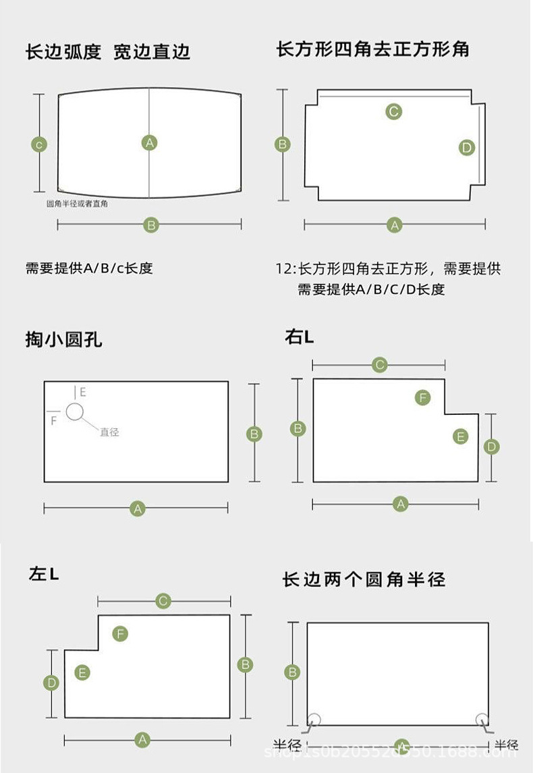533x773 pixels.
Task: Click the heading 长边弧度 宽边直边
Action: (x=108, y=52)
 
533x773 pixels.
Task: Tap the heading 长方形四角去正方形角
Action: (x=372, y=49)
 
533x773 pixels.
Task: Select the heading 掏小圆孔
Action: (x=64, y=339)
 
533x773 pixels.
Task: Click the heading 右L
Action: (x=299, y=337)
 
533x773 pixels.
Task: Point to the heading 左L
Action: (x=44, y=574)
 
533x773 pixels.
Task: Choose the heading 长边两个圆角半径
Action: (x=364, y=579)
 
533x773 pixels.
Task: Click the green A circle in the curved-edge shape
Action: (x=150, y=142)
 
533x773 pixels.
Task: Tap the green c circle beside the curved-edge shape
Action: (x=40, y=144)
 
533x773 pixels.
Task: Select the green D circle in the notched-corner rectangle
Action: (x=467, y=148)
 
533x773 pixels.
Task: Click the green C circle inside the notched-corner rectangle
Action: (x=394, y=111)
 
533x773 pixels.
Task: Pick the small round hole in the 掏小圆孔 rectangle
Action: (x=74, y=411)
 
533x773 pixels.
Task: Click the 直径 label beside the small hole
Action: (x=109, y=432)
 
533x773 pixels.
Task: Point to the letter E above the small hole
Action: (x=83, y=392)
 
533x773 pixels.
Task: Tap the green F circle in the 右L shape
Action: (x=422, y=397)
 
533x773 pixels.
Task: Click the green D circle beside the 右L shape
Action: (x=492, y=447)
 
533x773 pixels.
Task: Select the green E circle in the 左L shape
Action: (x=82, y=672)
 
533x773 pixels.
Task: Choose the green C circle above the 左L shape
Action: (x=163, y=600)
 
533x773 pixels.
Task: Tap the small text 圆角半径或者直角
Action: (x=77, y=204)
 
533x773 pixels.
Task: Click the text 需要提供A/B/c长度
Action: (x=89, y=268)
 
